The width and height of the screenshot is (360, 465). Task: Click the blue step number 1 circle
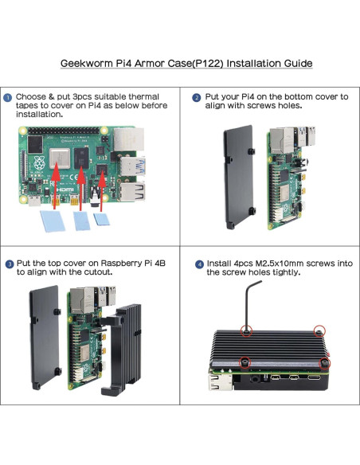[8, 98]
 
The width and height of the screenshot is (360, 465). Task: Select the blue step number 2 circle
[197, 98]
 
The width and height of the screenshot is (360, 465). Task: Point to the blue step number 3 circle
[8, 264]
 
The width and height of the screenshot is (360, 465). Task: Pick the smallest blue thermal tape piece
[100, 218]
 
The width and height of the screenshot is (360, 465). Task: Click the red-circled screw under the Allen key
[248, 329]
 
